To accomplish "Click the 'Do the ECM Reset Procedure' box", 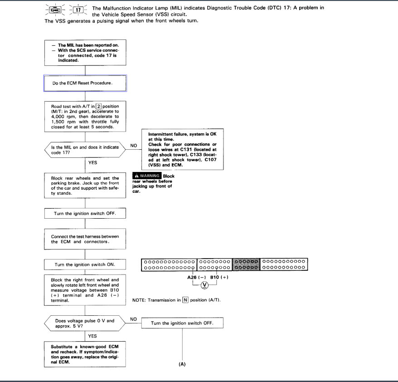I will point(85,83).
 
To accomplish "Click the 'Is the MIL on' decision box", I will point(85,150).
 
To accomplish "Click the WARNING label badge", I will point(146,176).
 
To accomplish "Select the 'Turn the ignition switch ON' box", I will point(85,264).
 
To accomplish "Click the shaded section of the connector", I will point(246,265).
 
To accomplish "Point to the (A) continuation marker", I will point(182,364).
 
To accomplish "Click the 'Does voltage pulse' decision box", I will point(85,323).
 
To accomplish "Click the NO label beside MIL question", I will point(134,146).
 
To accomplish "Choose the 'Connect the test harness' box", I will point(85,239).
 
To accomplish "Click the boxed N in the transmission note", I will point(185,300).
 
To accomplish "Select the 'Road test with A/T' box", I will point(85,117).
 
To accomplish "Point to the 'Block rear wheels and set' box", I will point(85,185).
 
